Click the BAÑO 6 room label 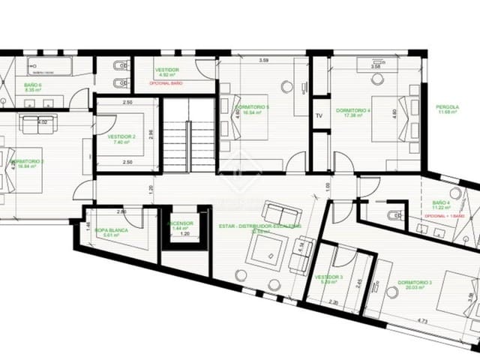pos(31,85)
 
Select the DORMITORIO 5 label pos(252,108)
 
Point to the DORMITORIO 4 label pos(354,111)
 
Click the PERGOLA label pos(448,106)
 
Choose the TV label pos(319,116)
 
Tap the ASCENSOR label pos(181,223)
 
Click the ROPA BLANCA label pos(109,230)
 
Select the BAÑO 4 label pos(441,203)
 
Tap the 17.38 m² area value pos(353,118)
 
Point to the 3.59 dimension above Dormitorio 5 pos(264,60)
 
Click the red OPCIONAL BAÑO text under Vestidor pos(166,83)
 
